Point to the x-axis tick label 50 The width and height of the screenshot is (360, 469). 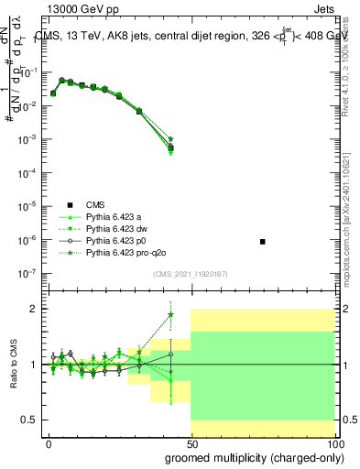point(191,443)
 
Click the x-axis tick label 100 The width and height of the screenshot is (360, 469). point(333,443)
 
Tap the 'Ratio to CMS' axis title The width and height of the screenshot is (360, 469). point(12,363)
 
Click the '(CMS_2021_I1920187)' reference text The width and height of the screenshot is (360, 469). point(190,273)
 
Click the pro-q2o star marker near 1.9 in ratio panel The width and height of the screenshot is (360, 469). point(170,315)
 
